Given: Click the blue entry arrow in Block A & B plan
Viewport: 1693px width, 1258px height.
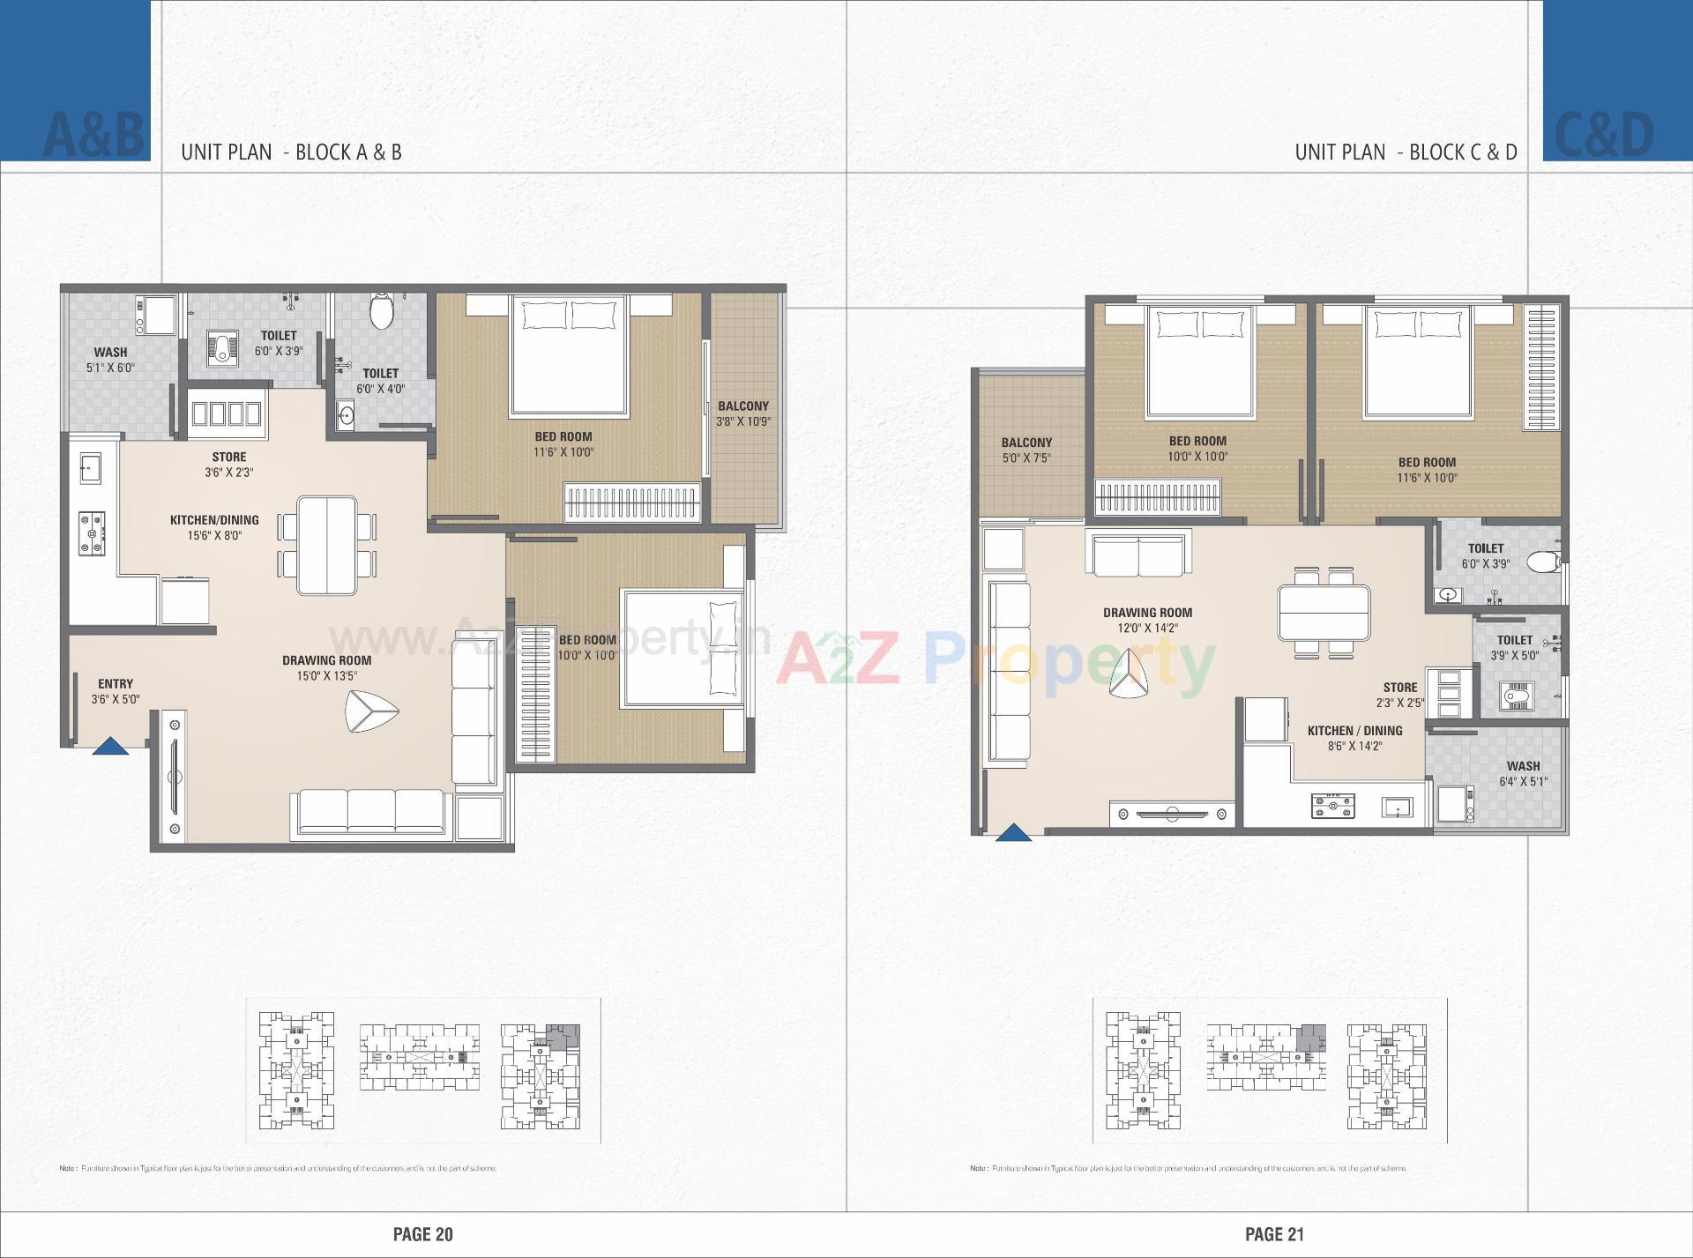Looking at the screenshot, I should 110,746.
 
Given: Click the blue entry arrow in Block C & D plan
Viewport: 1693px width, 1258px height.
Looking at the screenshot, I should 1013,832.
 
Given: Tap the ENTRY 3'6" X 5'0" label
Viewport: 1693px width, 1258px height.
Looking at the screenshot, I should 116,691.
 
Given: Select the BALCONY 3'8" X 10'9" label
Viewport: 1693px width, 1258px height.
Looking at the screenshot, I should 743,413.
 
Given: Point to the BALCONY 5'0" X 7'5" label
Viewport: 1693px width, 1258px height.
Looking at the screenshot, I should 1026,450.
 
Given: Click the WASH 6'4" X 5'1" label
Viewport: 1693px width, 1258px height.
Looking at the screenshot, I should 1523,773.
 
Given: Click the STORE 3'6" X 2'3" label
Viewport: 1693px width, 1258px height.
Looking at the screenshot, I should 228,464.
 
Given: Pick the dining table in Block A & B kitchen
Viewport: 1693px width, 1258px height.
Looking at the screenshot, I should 327,545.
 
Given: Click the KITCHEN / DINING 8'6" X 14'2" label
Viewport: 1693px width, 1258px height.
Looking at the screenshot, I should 1354,738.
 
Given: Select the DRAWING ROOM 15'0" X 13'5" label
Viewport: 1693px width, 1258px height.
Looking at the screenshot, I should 326,667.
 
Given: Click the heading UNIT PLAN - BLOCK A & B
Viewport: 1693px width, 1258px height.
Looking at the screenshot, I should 291,152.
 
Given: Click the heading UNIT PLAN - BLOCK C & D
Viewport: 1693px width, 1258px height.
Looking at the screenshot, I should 1406,152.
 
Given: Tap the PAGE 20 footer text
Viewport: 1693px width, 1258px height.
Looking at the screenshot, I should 422,1234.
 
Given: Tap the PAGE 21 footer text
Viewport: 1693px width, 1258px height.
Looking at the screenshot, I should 1274,1234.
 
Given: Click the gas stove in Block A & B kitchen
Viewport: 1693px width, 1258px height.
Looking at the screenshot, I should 92,534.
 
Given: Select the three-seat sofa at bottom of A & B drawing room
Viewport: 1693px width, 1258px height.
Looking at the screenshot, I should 371,811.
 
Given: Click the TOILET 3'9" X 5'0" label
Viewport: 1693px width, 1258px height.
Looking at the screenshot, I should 1514,647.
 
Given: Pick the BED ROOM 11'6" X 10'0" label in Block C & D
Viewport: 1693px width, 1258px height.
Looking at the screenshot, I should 1427,470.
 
